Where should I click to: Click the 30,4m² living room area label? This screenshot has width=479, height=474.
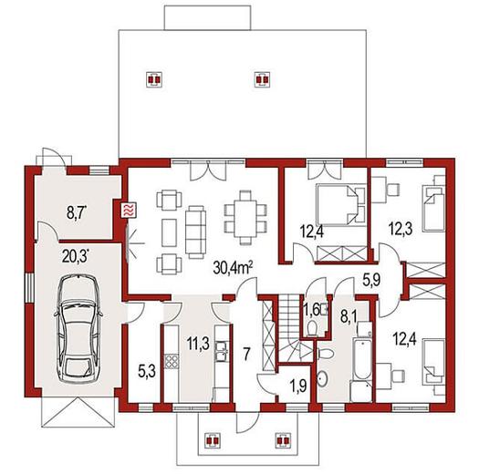[233, 268]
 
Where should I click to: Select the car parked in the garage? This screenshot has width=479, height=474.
[78, 328]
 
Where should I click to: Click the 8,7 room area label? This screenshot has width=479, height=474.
[76, 212]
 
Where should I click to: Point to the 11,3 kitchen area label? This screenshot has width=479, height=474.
[198, 344]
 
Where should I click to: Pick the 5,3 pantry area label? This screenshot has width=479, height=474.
[147, 371]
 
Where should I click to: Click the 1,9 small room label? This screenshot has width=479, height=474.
[297, 386]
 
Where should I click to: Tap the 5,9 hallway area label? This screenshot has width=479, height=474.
[371, 279]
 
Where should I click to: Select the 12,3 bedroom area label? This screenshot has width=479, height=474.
[401, 229]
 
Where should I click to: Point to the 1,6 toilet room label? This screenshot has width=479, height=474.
[312, 311]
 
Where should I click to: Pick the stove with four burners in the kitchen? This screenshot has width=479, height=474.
[172, 361]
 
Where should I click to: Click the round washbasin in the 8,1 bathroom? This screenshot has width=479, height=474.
[322, 379]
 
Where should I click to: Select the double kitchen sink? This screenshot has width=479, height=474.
[222, 352]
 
